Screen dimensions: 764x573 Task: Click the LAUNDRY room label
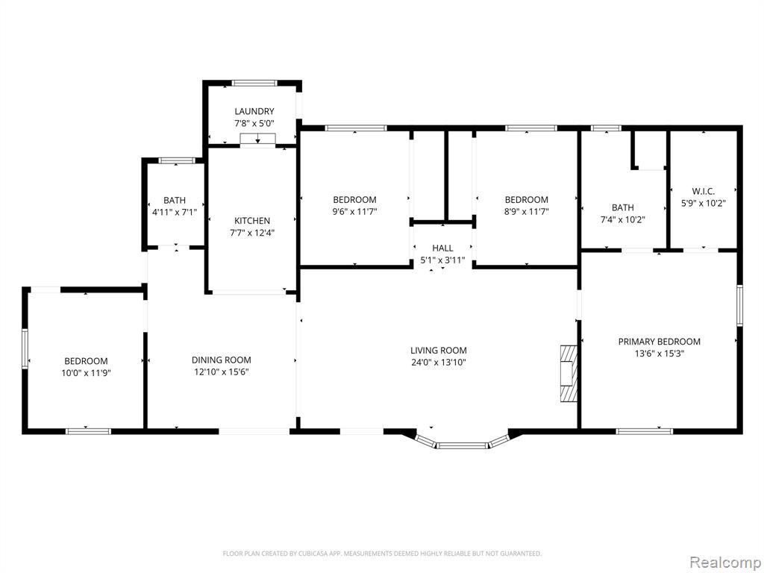tap(254, 112)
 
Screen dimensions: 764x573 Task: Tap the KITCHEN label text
tap(252, 221)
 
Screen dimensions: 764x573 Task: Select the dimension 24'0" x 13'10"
tap(439, 363)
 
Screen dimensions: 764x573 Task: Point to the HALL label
tap(442, 248)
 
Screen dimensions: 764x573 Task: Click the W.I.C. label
tap(703, 192)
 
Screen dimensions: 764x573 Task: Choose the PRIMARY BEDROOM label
tap(660, 342)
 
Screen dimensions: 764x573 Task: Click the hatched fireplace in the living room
tap(569, 373)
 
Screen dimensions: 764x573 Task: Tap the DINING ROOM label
tap(221, 360)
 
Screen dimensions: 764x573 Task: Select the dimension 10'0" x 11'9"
tap(87, 373)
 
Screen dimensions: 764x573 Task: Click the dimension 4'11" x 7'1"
tap(175, 213)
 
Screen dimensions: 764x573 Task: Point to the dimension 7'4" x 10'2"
tap(623, 220)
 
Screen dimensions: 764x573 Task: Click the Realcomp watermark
tap(724, 563)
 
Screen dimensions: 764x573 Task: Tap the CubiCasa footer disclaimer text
tap(382, 554)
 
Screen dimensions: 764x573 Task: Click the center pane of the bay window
tap(461, 445)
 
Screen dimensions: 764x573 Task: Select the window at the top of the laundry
tap(254, 83)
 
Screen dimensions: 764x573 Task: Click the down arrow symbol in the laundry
tap(257, 138)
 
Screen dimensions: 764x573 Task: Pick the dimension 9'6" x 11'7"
tap(354, 212)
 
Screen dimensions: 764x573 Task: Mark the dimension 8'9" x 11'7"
tap(526, 212)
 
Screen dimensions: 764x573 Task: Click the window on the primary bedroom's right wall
tap(739, 306)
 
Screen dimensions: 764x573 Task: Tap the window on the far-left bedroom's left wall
tap(25, 348)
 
